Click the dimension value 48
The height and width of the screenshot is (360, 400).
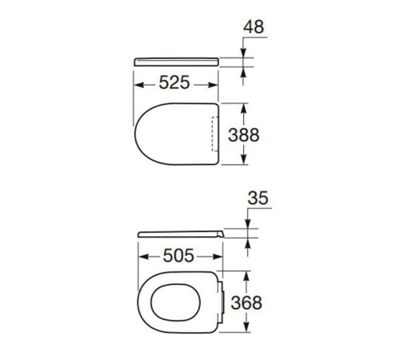click(254, 26)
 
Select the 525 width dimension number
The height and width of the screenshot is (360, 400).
click(174, 82)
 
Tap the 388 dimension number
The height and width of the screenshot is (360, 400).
click(244, 135)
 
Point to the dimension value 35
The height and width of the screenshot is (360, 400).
click(258, 198)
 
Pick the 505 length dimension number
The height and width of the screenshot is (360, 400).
click(178, 256)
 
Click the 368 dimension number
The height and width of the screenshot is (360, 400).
click(246, 303)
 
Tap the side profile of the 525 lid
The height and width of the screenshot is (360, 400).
click(176, 62)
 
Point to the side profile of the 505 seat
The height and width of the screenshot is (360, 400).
click(181, 234)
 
